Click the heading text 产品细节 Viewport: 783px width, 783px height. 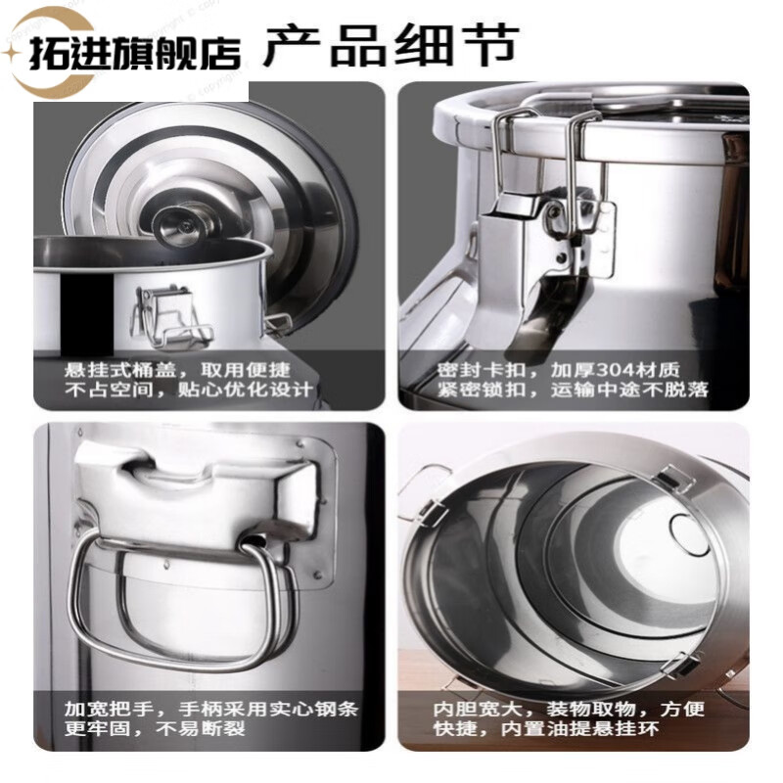390,46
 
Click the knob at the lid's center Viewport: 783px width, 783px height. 185,223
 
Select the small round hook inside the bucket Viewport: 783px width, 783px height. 687,530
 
